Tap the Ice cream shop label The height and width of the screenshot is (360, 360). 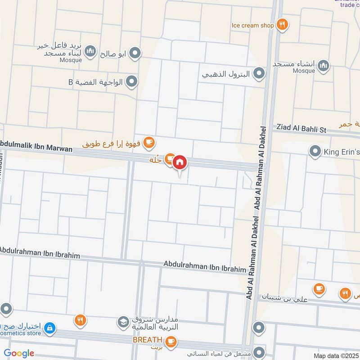(252, 25)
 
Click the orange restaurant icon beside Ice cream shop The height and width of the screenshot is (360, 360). (282, 25)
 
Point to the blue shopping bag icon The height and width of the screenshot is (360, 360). (49, 329)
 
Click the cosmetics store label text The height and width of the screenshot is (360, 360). (21, 333)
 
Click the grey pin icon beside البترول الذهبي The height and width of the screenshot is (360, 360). (259, 72)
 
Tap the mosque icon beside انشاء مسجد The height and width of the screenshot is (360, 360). (323, 67)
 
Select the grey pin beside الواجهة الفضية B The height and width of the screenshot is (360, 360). (131, 81)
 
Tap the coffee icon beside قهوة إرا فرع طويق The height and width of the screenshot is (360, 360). (149, 143)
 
